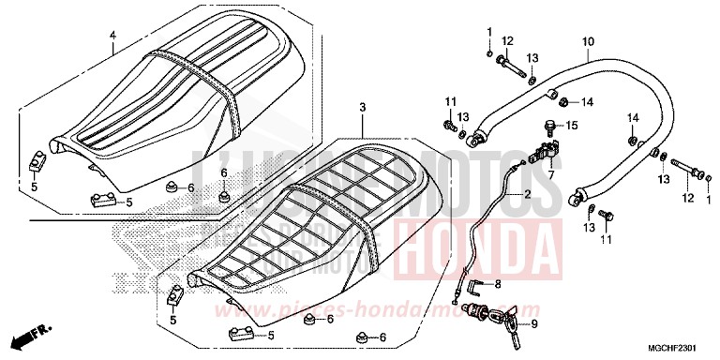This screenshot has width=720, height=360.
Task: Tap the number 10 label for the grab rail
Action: coord(588,41)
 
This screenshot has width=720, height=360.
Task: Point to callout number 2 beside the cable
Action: coord(527,195)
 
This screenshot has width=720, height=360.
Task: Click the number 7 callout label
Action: coord(551,174)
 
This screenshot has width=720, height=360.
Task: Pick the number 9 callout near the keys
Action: coord(534,325)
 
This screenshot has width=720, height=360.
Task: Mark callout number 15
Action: coord(572,125)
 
